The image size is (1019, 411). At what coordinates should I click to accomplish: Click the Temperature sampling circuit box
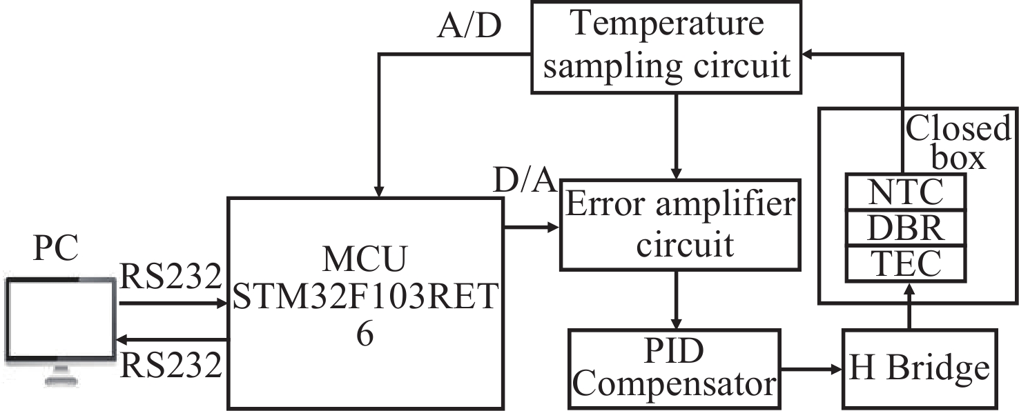click(666, 46)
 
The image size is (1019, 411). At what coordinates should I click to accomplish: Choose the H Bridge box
click(919, 368)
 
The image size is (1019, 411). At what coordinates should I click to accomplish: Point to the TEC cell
click(905, 263)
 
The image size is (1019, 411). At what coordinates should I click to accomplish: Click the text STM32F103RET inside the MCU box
click(365, 299)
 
